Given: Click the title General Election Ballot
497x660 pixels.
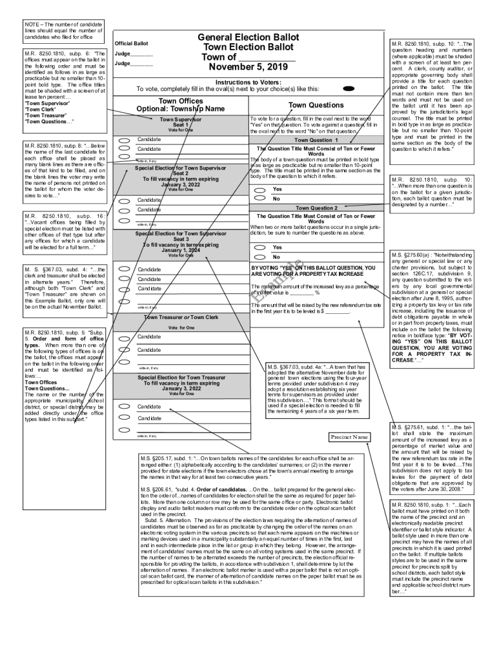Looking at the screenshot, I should pyautogui.click(x=249, y=37).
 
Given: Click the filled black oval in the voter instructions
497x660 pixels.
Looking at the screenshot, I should pyautogui.click(x=349, y=88).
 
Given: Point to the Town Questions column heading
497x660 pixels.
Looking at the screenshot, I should pyautogui.click(x=316, y=105).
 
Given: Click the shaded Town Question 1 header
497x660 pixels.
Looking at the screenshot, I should pyautogui.click(x=316, y=140).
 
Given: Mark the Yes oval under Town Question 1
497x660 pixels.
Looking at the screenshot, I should pyautogui.click(x=259, y=190).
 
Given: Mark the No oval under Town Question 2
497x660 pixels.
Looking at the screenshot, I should pyautogui.click(x=259, y=257).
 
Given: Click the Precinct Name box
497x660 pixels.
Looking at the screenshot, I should pyautogui.click(x=349, y=437).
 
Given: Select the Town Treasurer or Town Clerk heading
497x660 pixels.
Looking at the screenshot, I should pyautogui.click(x=181, y=317).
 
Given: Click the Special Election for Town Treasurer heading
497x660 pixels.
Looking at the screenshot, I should pyautogui.click(x=181, y=377).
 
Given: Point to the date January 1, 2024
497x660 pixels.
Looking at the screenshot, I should pyautogui.click(x=181, y=250).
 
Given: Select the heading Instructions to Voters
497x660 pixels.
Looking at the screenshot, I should pyautogui.click(x=248, y=82).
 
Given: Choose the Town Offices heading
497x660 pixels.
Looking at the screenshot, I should pyautogui.click(x=181, y=101).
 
